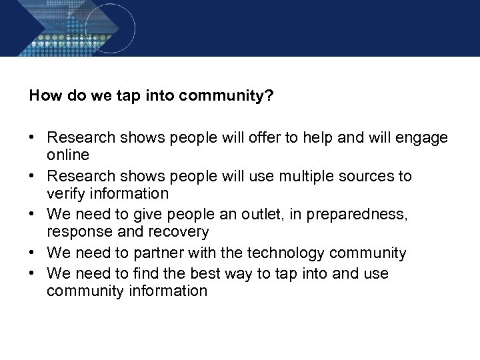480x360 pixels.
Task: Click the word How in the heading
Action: tap(43, 95)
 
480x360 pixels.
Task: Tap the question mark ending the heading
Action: tap(269, 95)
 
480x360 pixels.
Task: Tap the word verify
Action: tap(65, 193)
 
